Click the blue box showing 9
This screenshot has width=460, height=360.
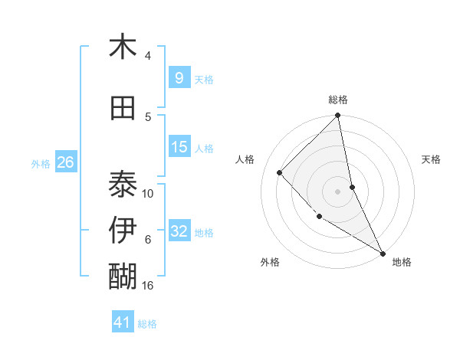point(179,77)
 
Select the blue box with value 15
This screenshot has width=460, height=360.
point(179,147)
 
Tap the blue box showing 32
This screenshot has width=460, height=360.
point(179,231)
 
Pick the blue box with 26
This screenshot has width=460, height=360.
point(65,162)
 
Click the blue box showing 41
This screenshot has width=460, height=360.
point(123,322)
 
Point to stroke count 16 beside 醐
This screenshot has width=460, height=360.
point(149,286)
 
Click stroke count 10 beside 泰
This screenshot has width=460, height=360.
point(148,194)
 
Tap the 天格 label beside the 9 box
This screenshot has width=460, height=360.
point(204,79)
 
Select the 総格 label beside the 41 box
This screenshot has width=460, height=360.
point(147,324)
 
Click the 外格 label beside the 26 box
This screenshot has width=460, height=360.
point(41,164)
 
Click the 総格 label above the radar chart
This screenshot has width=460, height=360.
point(338,100)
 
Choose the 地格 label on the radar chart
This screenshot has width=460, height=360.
point(402,262)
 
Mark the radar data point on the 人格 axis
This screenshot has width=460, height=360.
point(280,172)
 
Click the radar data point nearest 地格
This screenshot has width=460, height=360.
point(383,254)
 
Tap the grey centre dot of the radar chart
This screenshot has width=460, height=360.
point(338,191)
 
